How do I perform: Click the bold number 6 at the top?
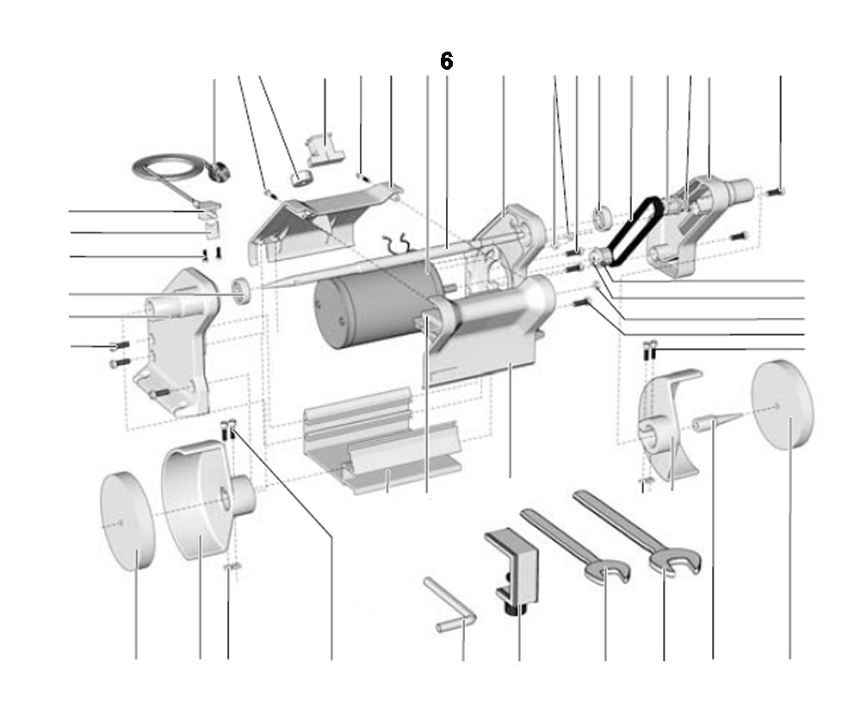tap(446, 61)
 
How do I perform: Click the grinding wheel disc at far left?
tap(127, 520)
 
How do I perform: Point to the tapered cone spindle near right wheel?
tap(714, 423)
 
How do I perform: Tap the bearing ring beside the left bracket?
tap(244, 290)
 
